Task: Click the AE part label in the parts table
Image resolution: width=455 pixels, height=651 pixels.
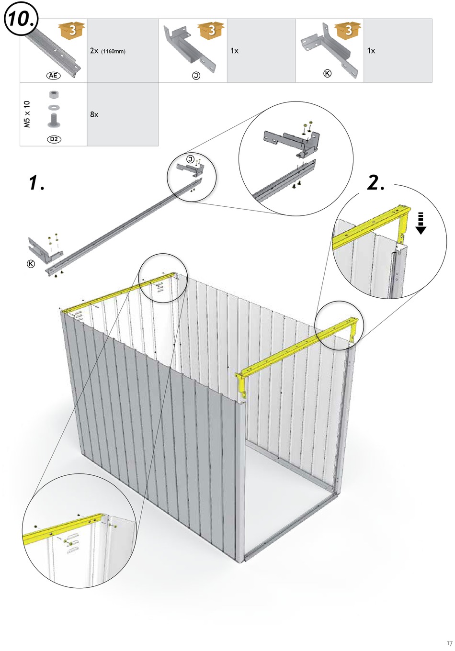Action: [53, 76]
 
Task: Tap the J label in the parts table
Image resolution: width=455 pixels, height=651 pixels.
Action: [196, 76]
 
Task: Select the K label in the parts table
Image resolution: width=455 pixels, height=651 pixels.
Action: [327, 73]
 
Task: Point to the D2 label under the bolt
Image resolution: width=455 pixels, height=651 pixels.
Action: [54, 139]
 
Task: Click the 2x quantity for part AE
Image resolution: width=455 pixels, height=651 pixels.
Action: [94, 51]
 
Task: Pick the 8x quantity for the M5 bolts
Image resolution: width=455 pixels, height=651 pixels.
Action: [94, 114]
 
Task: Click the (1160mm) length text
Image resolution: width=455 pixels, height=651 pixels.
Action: [114, 51]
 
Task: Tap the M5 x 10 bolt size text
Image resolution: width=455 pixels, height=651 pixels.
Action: [27, 114]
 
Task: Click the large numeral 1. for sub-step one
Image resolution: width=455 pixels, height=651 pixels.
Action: [36, 182]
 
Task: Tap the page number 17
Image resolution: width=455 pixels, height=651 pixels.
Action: [449, 643]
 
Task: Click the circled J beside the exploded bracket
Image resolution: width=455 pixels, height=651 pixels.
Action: [191, 159]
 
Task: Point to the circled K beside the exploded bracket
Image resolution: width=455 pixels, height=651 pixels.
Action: [31, 264]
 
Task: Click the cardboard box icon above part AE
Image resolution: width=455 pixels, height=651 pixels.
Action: [72, 30]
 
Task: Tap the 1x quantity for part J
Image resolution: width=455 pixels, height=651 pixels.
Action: [235, 51]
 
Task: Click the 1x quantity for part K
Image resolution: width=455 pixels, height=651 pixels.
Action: [372, 51]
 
